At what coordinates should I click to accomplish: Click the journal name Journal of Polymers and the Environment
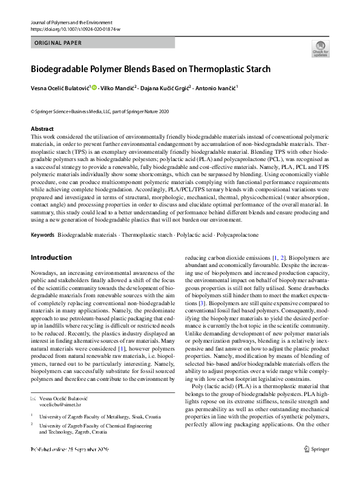coord(66,22)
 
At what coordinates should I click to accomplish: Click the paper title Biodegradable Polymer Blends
coord(151,68)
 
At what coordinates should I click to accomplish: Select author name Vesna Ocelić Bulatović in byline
coord(60,88)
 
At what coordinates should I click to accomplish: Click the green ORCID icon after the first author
coord(94,88)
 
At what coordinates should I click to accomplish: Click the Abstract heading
coord(42,129)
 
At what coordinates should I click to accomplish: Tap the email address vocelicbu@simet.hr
coord(64,402)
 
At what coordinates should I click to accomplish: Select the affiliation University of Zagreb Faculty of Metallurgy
coord(91,416)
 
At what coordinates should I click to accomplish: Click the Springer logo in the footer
coord(316,449)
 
